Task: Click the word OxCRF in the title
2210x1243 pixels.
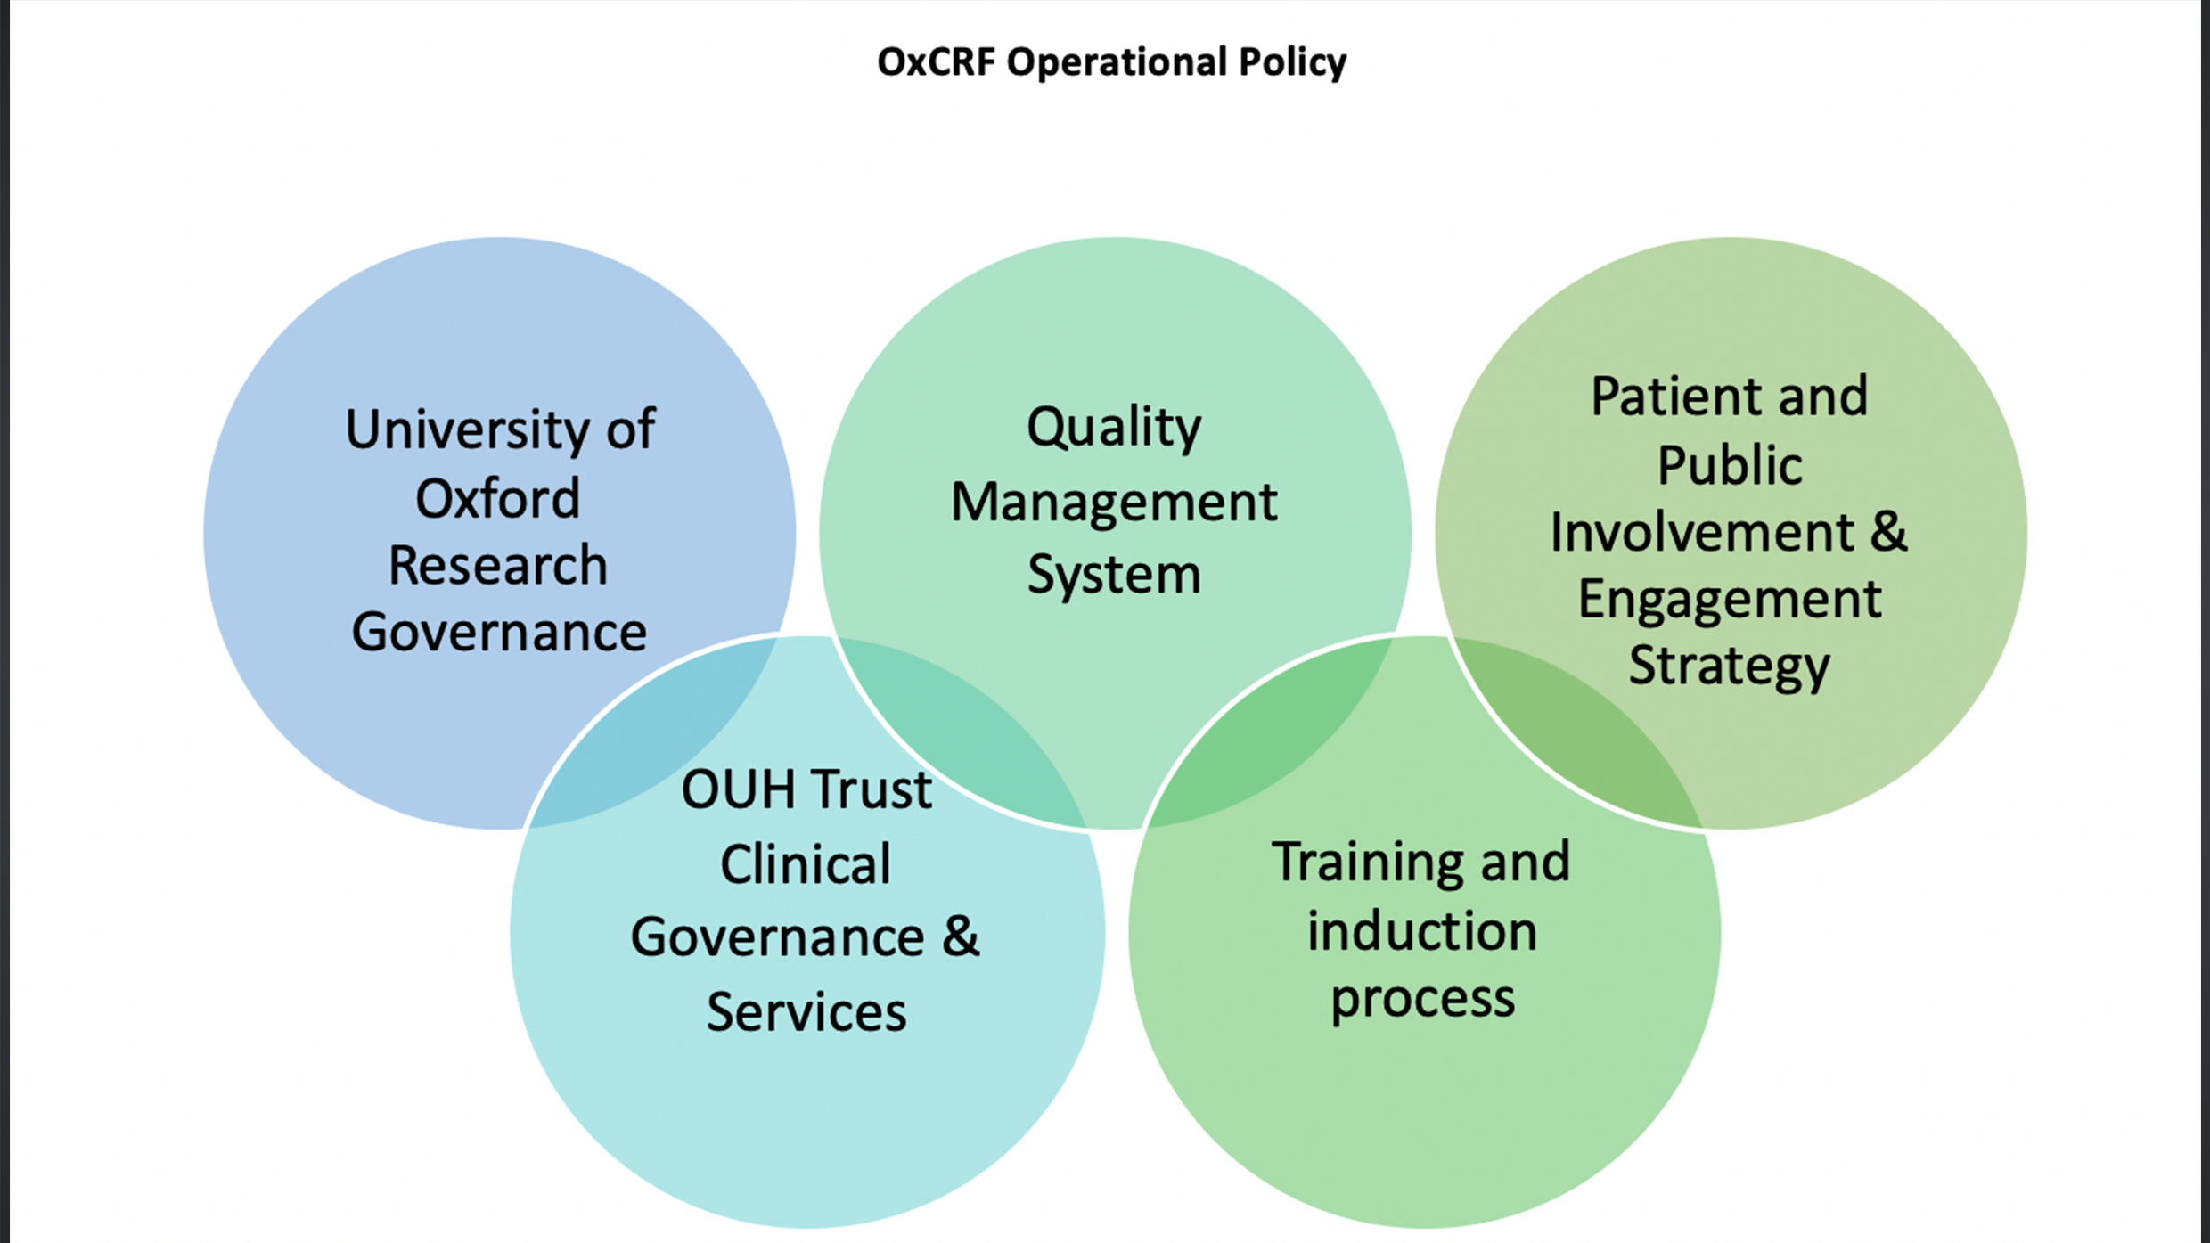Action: point(936,62)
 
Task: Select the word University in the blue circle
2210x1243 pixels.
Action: point(466,430)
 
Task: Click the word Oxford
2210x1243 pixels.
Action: point(497,498)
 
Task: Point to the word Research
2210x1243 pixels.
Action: point(497,566)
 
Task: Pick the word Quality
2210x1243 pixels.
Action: point(1114,428)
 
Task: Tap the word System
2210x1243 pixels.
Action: point(1114,575)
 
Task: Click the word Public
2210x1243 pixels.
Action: point(1730,466)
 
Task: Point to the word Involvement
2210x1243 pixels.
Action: point(1701,533)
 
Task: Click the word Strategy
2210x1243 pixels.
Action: point(1730,666)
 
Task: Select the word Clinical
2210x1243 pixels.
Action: point(806,864)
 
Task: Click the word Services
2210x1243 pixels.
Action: point(806,1012)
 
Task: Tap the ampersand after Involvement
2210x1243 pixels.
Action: point(1888,532)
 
